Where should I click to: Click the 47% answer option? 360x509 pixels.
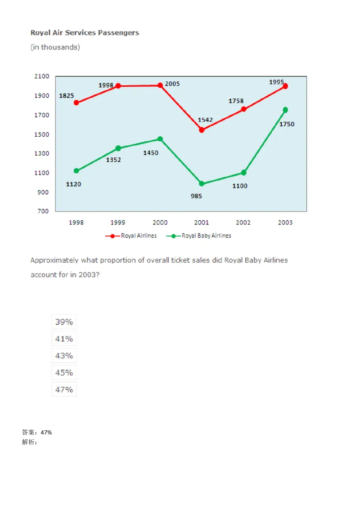tap(64, 389)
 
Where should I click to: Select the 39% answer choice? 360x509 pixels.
tap(64, 321)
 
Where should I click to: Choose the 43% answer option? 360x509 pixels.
tap(64, 356)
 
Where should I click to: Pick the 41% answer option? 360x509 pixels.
tap(64, 339)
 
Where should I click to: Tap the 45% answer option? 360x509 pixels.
tap(64, 372)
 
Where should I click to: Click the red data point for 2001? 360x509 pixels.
tap(202, 130)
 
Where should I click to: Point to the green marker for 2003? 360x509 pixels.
tap(285, 110)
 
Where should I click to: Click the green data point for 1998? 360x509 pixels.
tap(76, 171)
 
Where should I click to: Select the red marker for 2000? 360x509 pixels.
tap(160, 85)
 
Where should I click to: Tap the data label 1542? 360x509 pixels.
tap(205, 120)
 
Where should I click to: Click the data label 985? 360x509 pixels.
tap(196, 196)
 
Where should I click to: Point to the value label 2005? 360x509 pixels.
tap(172, 84)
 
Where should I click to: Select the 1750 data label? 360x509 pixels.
tap(287, 124)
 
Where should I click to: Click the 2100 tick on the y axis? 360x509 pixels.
tap(41, 76)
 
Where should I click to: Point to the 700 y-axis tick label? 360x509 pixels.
tap(43, 211)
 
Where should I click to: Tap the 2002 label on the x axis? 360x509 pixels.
tap(243, 223)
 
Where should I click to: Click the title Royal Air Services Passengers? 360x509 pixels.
tap(85, 32)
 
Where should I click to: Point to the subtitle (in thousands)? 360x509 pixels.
tap(55, 47)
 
